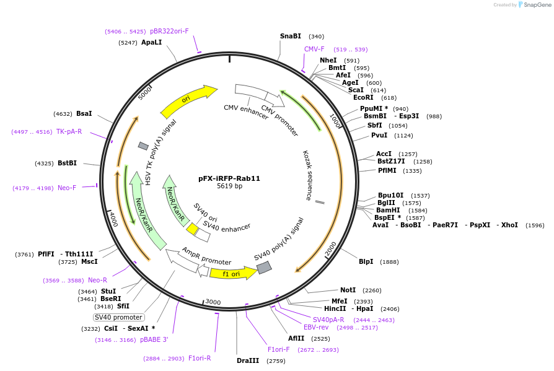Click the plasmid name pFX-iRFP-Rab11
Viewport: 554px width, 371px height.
(x=229, y=178)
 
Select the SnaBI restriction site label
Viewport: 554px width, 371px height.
(x=290, y=36)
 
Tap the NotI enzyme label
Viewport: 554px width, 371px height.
(x=348, y=290)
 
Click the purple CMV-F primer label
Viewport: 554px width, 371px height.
(x=314, y=49)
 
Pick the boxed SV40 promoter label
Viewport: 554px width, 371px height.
(x=119, y=317)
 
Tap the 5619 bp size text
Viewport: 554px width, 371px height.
(x=229, y=186)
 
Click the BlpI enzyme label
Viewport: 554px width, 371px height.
(x=366, y=261)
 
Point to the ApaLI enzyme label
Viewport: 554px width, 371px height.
(x=151, y=43)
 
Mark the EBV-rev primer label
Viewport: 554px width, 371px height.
(x=316, y=327)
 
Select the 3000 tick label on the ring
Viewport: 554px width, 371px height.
(x=213, y=302)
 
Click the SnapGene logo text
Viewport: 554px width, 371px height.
(x=537, y=4)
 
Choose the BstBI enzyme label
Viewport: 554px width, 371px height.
(x=67, y=164)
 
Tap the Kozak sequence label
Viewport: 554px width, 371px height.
(x=307, y=175)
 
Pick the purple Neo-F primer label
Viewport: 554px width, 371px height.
(x=67, y=188)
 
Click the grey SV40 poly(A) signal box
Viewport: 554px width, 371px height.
(x=264, y=268)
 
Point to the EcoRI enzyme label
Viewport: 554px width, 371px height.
(x=363, y=97)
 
